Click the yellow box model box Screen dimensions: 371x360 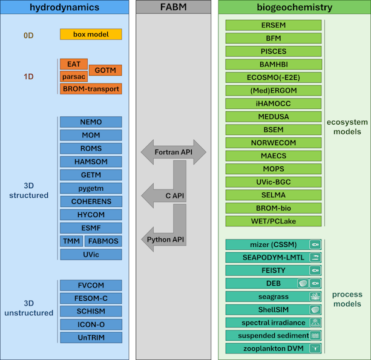pos(91,34)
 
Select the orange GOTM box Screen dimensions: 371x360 pos(105,70)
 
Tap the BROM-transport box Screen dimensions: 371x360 pos(91,89)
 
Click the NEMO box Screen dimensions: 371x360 pos(91,122)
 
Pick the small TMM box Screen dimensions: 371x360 pos(71,241)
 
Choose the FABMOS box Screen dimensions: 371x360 pos(103,241)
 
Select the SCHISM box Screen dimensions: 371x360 pos(91,311)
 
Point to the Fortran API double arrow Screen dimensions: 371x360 pos(174,152)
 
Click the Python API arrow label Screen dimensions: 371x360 pos(165,240)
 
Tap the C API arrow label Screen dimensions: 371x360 pos(175,195)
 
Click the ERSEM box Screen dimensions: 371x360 pos(274,25)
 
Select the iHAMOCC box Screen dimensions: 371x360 pos(274,103)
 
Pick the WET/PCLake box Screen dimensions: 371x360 pos(274,221)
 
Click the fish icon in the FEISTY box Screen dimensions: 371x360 pos(315,270)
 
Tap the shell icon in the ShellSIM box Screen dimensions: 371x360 pos(315,309)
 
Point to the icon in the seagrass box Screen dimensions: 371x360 pos(315,296)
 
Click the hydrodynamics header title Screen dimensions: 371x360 pos(64,7)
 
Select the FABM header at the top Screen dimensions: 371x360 pos(174,7)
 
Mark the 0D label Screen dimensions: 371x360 pos(28,35)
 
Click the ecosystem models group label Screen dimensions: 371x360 pos(347,126)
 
